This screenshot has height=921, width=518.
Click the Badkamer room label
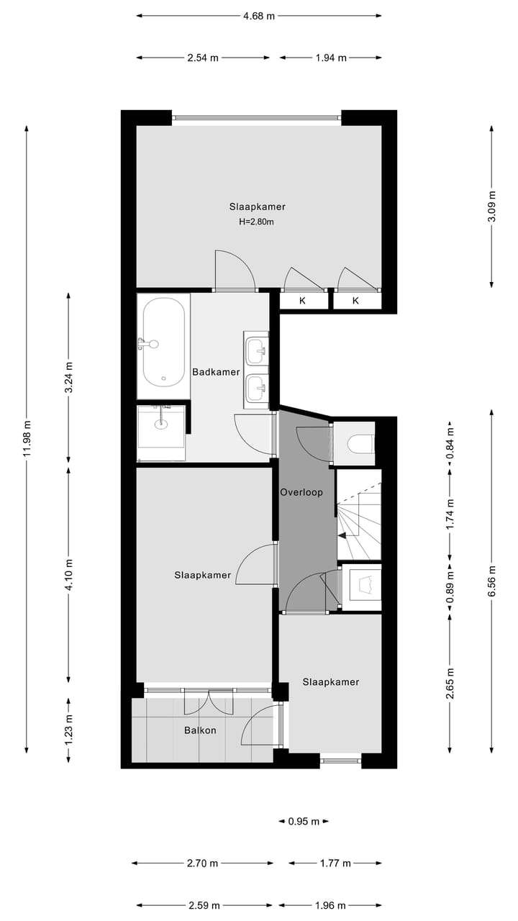[x=216, y=372]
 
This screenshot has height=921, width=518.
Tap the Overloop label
[x=301, y=493]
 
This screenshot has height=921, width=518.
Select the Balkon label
[x=200, y=730]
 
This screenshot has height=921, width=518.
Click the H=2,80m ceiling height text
[x=257, y=222]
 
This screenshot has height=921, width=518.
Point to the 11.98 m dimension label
[x=27, y=438]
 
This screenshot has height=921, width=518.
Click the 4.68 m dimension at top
[x=259, y=15]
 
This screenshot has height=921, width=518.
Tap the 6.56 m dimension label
[x=492, y=580]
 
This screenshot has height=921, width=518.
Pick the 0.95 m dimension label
[x=304, y=821]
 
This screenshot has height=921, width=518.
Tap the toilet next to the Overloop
[x=360, y=441]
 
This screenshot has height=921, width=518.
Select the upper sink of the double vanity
[x=255, y=350]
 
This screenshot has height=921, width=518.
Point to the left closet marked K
[x=303, y=301]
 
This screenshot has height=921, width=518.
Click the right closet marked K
[x=355, y=301]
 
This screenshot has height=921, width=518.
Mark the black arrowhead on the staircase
[x=342, y=535]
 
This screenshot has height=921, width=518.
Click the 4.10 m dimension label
[x=69, y=574]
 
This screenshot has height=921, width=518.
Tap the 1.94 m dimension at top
[x=331, y=58]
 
